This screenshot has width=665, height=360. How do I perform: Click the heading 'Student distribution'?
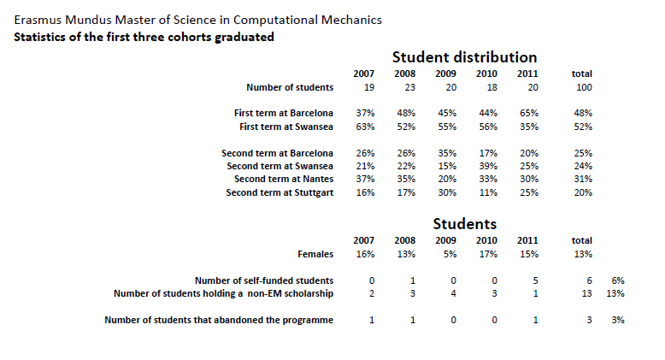(x=464, y=57)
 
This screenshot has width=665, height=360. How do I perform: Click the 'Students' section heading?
(x=464, y=224)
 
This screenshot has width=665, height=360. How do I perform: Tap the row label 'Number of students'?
(x=290, y=87)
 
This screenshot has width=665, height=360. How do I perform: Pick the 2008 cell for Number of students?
(x=404, y=87)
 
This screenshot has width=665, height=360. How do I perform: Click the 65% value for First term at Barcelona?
(x=527, y=113)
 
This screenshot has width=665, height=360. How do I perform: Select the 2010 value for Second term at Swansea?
(x=486, y=166)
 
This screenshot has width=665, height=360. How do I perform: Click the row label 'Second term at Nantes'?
(x=284, y=179)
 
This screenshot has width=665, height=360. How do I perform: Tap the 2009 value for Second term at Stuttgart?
(x=445, y=192)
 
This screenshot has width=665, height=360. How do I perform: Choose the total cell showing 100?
(x=582, y=87)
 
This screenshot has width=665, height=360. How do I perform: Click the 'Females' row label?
(x=313, y=254)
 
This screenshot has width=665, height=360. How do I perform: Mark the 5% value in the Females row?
(x=445, y=254)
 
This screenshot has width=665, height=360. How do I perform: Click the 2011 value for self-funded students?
(x=527, y=280)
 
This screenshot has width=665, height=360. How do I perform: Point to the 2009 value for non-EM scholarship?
(x=445, y=294)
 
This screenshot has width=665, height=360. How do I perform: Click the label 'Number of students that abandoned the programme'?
(x=219, y=321)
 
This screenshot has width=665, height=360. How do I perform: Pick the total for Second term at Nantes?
(x=582, y=179)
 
